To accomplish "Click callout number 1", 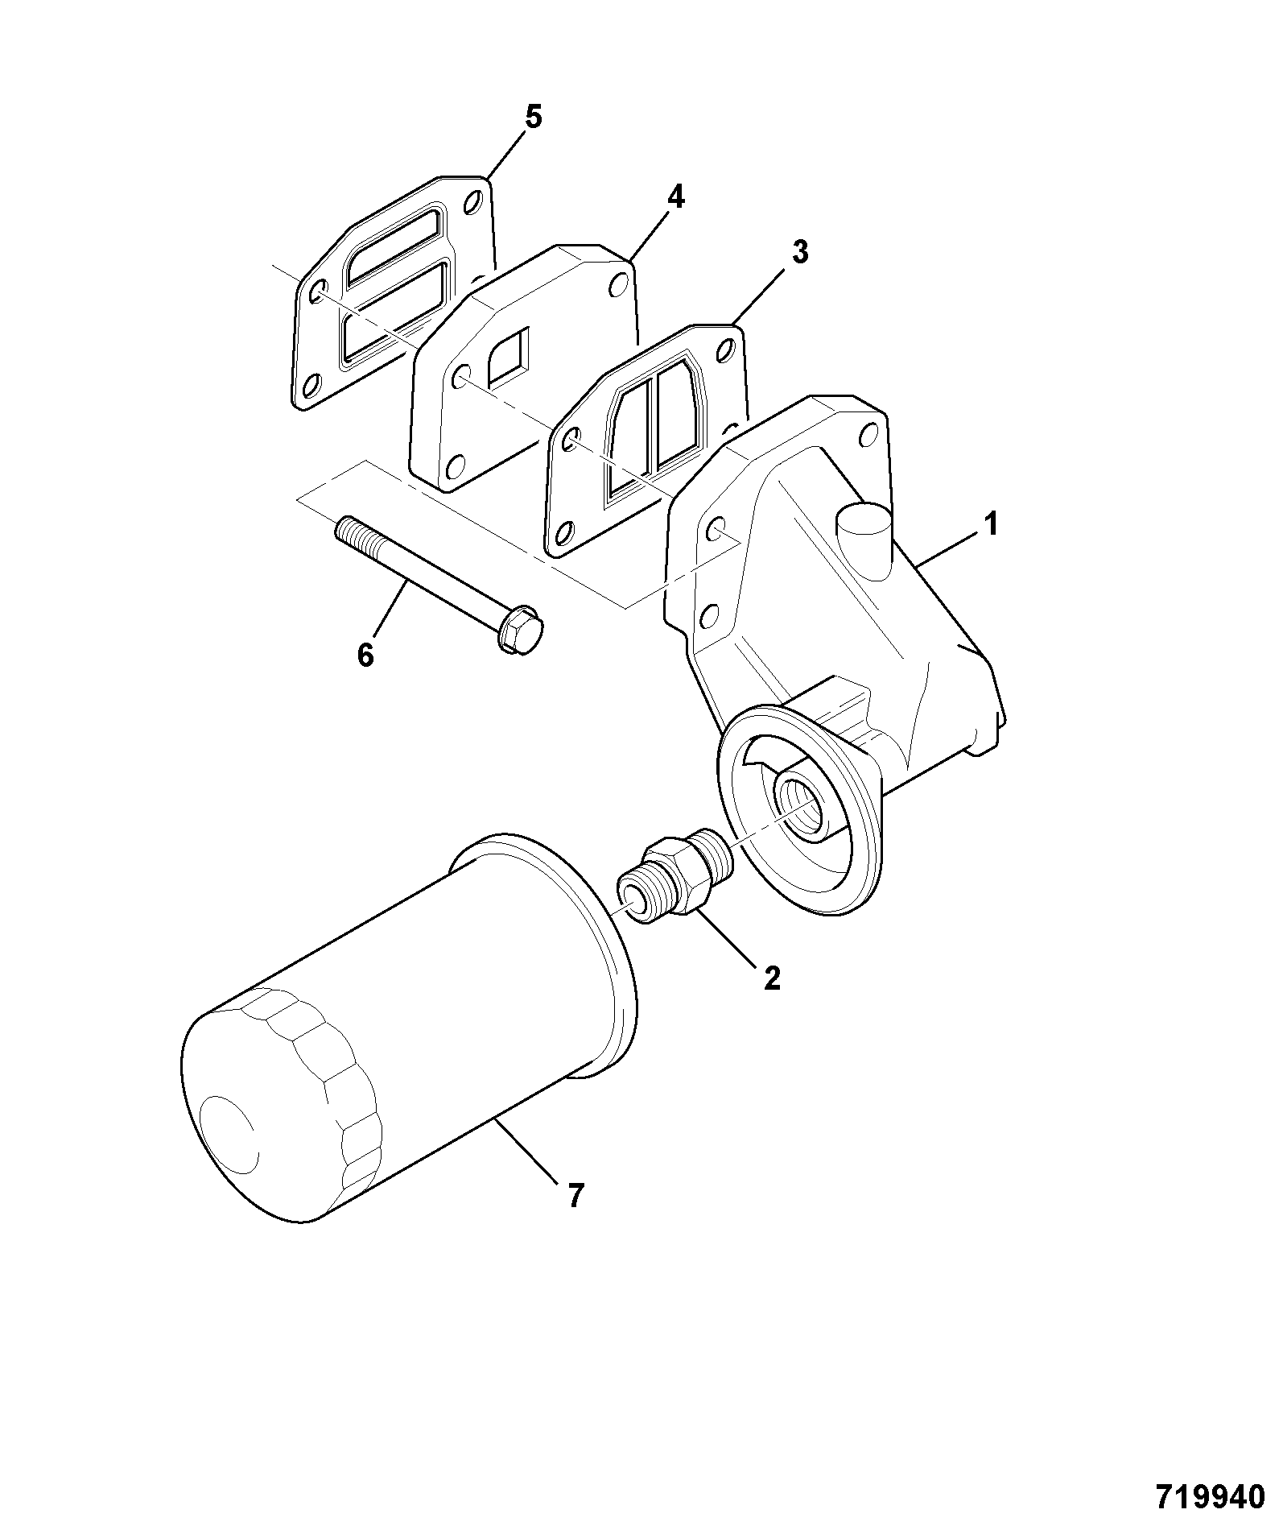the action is coord(991,525).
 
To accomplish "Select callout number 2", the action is coord(771,978).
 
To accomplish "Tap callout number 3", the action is coord(798,252).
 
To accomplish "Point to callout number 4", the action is coord(675,196).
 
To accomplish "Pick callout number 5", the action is coord(533,118).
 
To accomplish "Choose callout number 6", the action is coord(365,655).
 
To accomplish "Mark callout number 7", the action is coord(574,1218).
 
